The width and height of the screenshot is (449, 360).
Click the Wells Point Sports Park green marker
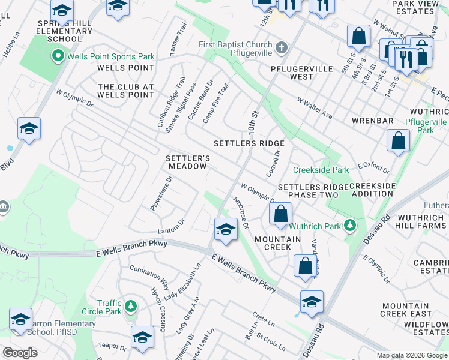(x=58, y=57)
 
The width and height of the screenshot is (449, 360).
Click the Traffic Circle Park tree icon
(x=131, y=308)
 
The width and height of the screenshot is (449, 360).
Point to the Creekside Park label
(x=321, y=170)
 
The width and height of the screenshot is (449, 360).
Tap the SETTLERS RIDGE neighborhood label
(x=249, y=144)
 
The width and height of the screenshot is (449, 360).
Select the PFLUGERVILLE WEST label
(x=300, y=72)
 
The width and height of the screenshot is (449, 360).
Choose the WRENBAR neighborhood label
(x=372, y=121)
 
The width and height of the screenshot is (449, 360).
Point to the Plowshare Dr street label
(x=161, y=193)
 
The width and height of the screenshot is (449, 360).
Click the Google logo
(x=20, y=353)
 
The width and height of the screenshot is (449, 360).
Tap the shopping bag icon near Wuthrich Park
(x=280, y=213)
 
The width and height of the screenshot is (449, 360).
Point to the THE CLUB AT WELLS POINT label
(x=126, y=91)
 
